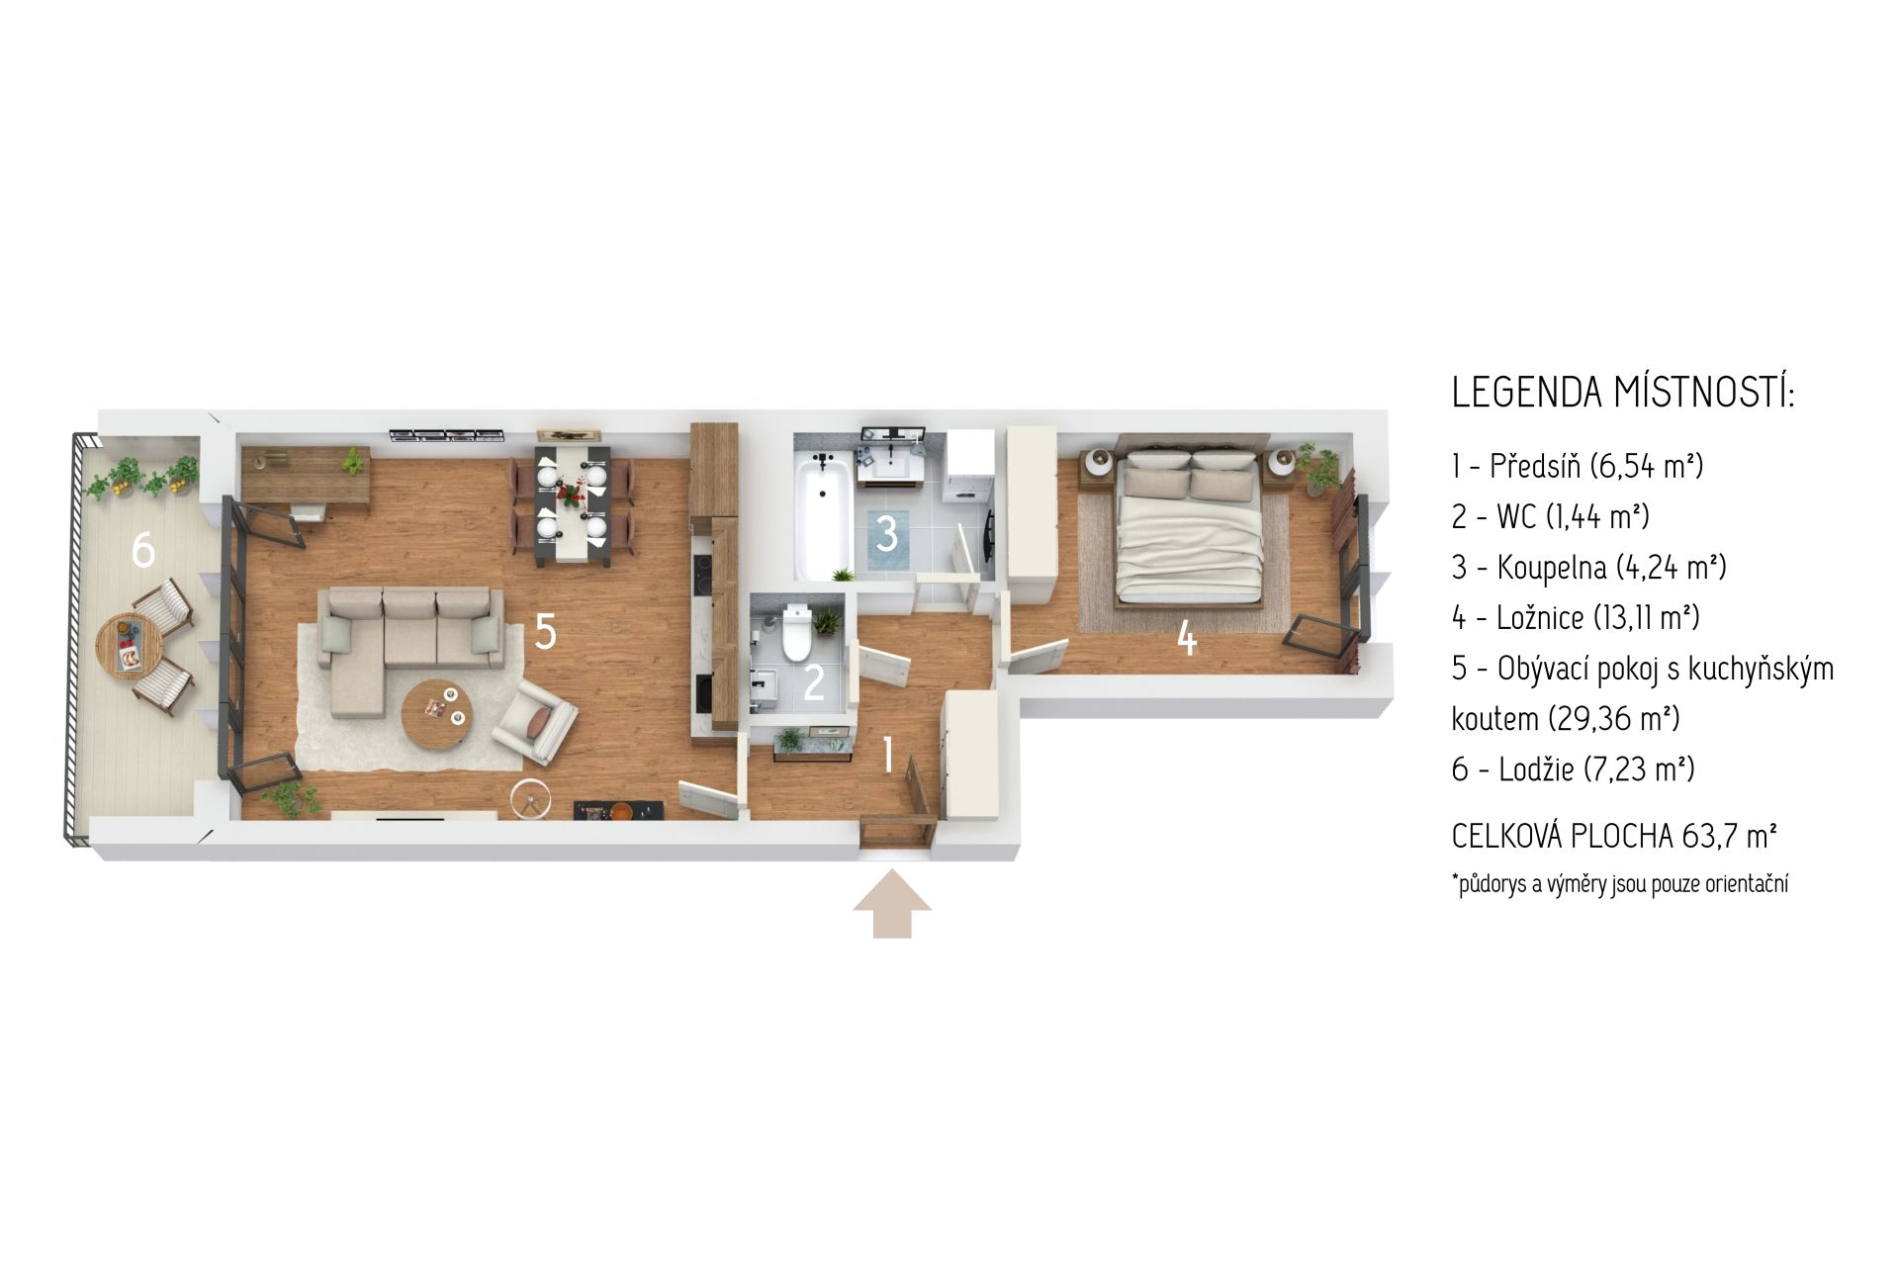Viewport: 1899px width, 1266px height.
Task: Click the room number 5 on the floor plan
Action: [x=545, y=631]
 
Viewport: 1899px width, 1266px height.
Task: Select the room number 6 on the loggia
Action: [x=143, y=550]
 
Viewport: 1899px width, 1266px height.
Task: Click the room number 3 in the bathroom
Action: [x=887, y=534]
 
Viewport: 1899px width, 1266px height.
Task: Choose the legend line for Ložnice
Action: [x=1576, y=618]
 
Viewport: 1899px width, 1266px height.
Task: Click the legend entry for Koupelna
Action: [x=1589, y=568]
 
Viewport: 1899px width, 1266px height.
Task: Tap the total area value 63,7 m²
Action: [x=1730, y=837]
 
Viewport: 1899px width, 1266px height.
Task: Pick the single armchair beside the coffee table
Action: [x=534, y=720]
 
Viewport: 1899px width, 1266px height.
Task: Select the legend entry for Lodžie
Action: [x=1574, y=769]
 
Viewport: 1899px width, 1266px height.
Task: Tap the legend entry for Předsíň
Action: [x=1578, y=465]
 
